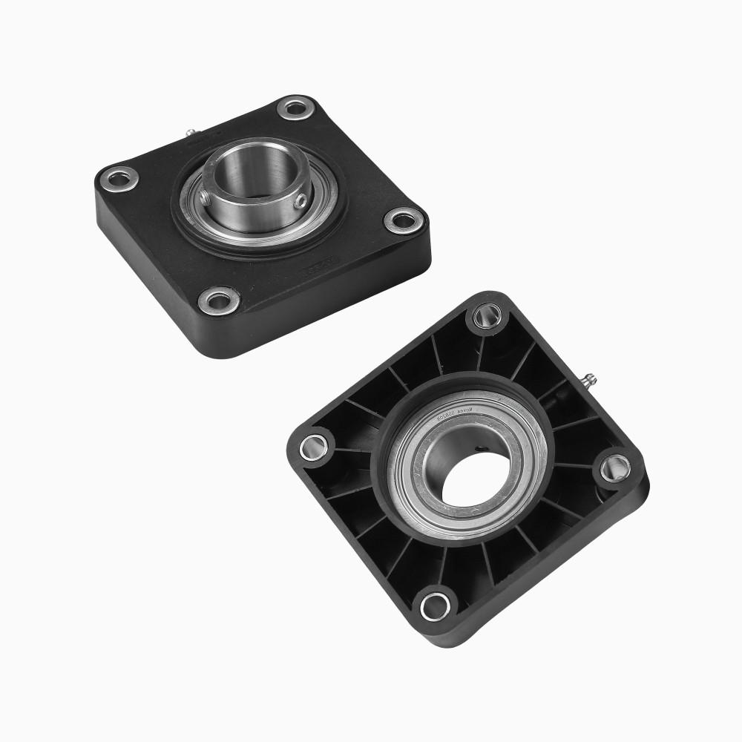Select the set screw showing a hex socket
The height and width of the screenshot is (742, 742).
pos(299,201)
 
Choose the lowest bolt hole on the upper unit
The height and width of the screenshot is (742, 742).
pos(219,301)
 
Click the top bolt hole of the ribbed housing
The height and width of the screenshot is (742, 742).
pos(483,318)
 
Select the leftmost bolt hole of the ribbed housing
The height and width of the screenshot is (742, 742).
pos(313,446)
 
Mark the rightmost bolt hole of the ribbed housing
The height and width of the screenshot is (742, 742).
pos(615,467)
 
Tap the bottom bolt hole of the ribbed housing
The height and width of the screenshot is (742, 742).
pos(435,605)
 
